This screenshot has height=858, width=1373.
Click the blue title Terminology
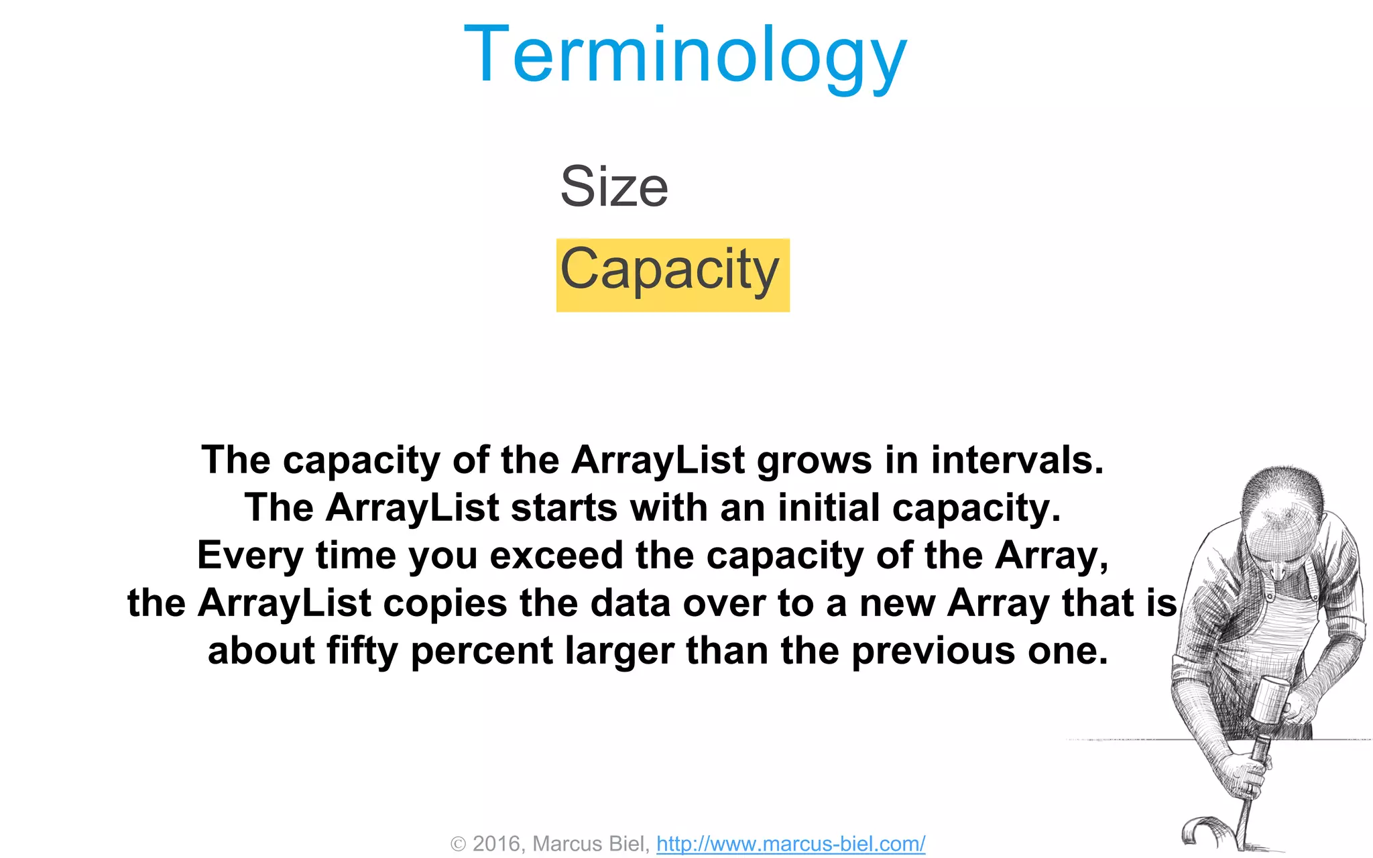pyautogui.click(x=684, y=55)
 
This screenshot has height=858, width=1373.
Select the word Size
pyautogui.click(x=614, y=187)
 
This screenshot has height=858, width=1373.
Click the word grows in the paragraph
pyautogui.click(x=815, y=461)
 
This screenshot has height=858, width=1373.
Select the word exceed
pyautogui.click(x=556, y=556)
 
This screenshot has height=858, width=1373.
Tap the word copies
pyautogui.click(x=445, y=603)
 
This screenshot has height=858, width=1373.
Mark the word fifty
pyautogui.click(x=362, y=651)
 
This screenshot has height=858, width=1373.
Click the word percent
pyautogui.click(x=481, y=651)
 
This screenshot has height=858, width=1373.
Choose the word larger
pyautogui.click(x=619, y=651)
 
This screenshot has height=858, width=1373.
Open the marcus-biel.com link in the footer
pyautogui.click(x=790, y=843)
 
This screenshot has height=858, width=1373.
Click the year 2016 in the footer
pyautogui.click(x=497, y=843)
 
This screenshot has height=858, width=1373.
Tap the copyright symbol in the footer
pyautogui.click(x=458, y=844)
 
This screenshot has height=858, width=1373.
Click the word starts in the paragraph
pyautogui.click(x=564, y=507)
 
